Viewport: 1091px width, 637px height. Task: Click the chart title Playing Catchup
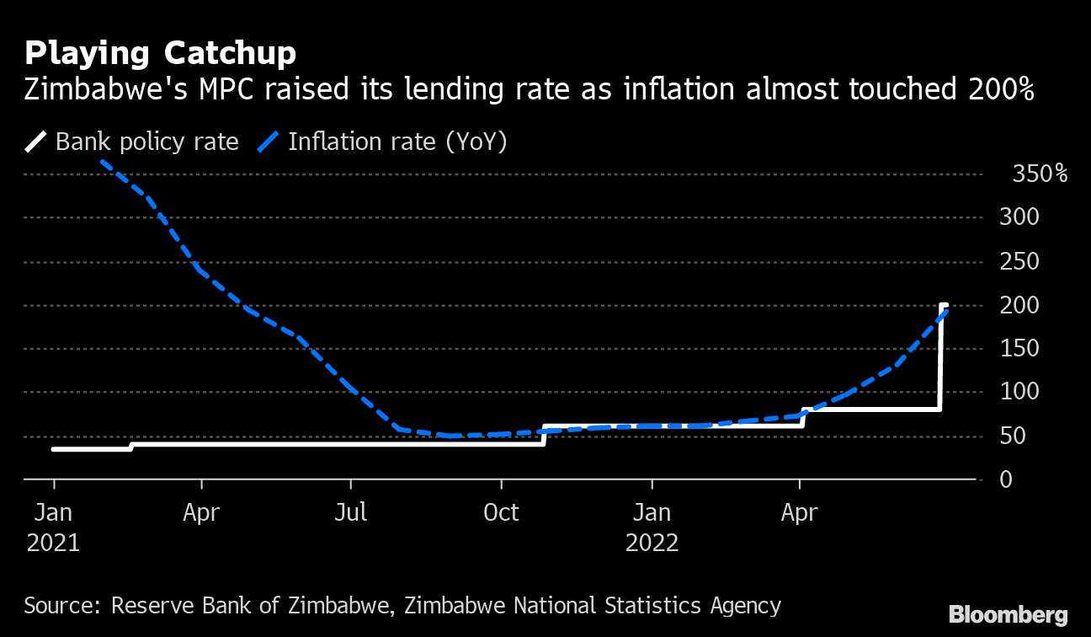pyautogui.click(x=160, y=53)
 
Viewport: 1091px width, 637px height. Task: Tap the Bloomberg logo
pyautogui.click(x=1008, y=614)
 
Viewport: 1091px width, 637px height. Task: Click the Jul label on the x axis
pyautogui.click(x=350, y=512)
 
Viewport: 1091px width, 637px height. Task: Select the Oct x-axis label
pyautogui.click(x=501, y=512)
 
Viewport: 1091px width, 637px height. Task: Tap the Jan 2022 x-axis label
pyautogui.click(x=652, y=527)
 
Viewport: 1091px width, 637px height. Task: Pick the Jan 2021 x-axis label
pyautogui.click(x=53, y=527)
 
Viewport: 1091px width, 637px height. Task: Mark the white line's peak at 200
pyautogui.click(x=944, y=305)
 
